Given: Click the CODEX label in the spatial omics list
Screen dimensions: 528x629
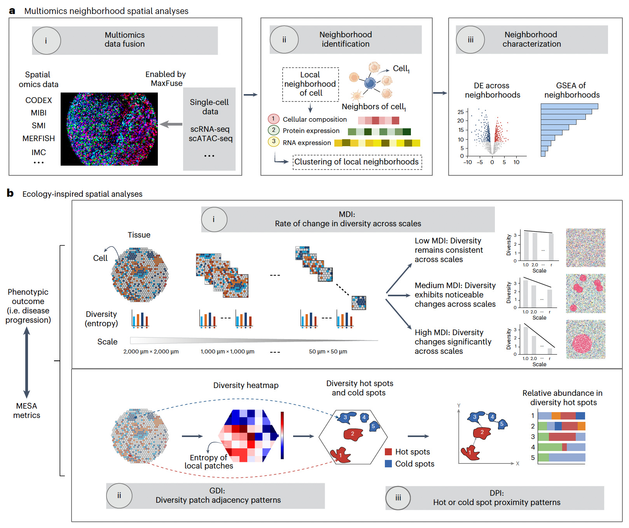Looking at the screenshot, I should [x=38, y=100].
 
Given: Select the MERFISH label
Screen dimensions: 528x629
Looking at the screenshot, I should [x=38, y=138].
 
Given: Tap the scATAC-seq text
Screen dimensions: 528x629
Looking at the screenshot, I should [x=210, y=138].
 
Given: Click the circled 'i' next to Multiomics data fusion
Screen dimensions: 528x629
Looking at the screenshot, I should [x=46, y=40].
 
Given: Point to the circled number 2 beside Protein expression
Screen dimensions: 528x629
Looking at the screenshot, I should [x=273, y=130].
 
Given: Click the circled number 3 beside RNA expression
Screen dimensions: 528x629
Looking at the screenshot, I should [x=273, y=141].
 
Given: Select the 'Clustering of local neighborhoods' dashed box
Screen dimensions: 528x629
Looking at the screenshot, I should [x=357, y=162].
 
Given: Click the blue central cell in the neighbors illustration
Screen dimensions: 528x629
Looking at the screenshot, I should [x=370, y=83].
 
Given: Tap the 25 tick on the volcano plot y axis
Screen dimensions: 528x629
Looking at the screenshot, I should [x=461, y=112].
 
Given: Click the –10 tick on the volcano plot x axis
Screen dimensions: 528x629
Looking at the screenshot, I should [x=468, y=162].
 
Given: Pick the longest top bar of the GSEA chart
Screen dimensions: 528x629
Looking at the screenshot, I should [x=569, y=106].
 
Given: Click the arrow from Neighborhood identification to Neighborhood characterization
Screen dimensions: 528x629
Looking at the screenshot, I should [x=440, y=93].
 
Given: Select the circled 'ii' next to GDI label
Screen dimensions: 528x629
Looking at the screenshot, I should [x=119, y=495].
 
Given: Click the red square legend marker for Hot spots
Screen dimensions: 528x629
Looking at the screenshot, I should [x=388, y=452].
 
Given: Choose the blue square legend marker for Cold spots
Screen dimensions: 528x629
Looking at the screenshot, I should [x=388, y=463].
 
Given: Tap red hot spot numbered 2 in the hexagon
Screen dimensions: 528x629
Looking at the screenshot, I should [x=353, y=434].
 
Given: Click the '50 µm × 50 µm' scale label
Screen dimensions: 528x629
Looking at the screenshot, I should [x=328, y=351].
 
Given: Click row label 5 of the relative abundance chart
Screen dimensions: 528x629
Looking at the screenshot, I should [x=533, y=458].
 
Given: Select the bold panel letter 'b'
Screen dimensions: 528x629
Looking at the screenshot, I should [x=10, y=193].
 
